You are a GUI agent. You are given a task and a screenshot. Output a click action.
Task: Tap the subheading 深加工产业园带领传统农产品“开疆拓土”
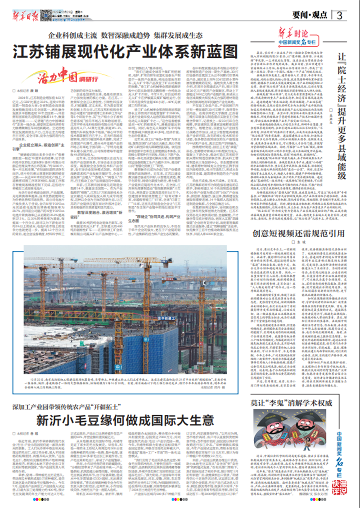coord(72,407)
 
